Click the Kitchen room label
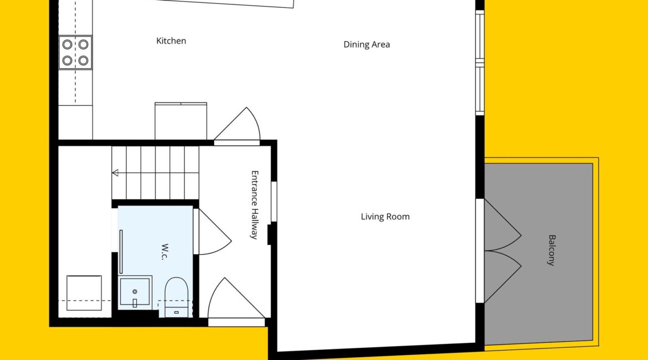(x=171, y=41)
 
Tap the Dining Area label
(x=367, y=45)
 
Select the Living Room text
(x=385, y=217)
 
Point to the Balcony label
(x=552, y=250)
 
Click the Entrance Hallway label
(x=255, y=205)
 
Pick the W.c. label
(x=164, y=252)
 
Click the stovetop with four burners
(x=75, y=52)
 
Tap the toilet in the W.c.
(x=177, y=297)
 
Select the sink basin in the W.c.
(x=135, y=292)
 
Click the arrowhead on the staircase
(x=115, y=173)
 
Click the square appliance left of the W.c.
(x=84, y=293)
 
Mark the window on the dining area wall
(x=480, y=63)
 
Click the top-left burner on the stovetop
(x=68, y=44)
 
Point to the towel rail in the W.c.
(x=121, y=251)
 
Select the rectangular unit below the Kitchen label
(x=181, y=121)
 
